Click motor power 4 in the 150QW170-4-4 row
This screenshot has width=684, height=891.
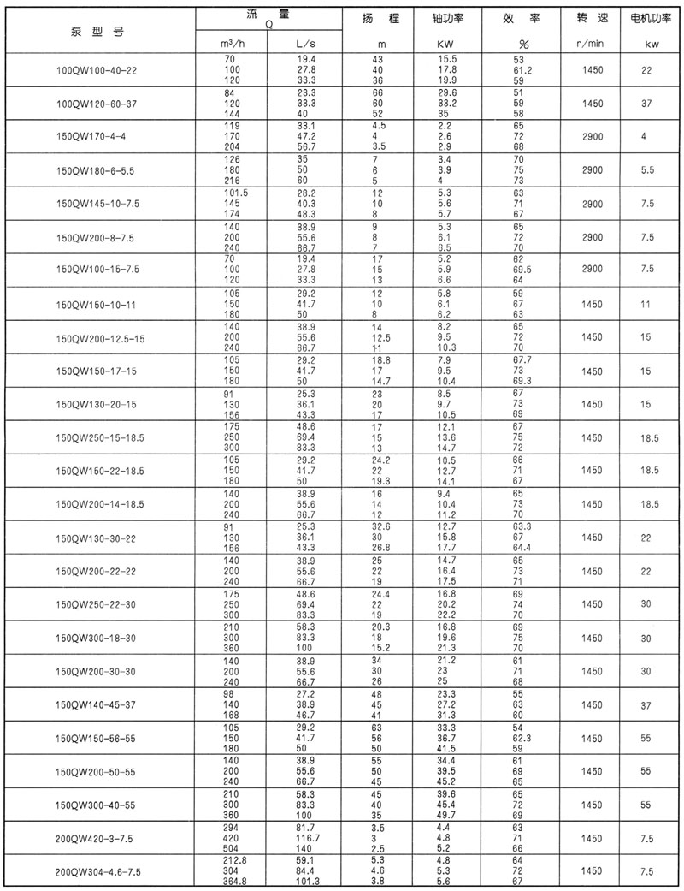coord(645,136)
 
